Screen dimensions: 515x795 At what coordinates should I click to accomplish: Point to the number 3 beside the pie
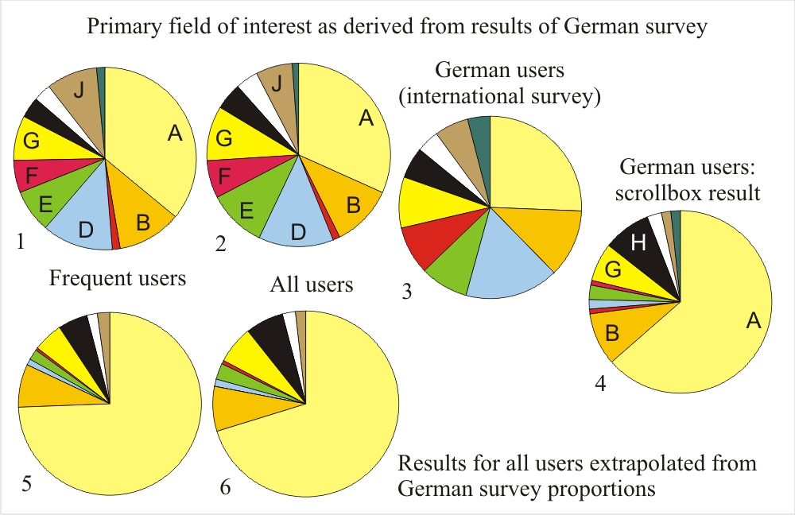pyautogui.click(x=406, y=292)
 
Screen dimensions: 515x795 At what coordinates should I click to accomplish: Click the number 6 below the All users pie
pyautogui.click(x=225, y=486)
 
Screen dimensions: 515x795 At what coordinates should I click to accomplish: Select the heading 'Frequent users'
pyautogui.click(x=117, y=278)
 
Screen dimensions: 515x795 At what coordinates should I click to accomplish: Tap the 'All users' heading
pyautogui.click(x=311, y=284)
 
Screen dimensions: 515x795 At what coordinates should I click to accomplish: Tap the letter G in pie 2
pyautogui.click(x=224, y=139)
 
